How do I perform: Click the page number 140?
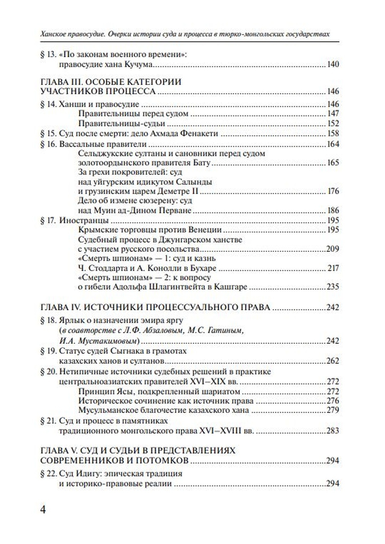click(x=333, y=65)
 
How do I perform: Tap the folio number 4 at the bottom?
click(x=43, y=510)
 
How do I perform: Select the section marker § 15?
click(x=49, y=134)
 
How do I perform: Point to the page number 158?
click(x=333, y=134)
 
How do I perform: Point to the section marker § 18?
click(x=49, y=320)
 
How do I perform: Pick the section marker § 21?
click(x=49, y=421)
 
